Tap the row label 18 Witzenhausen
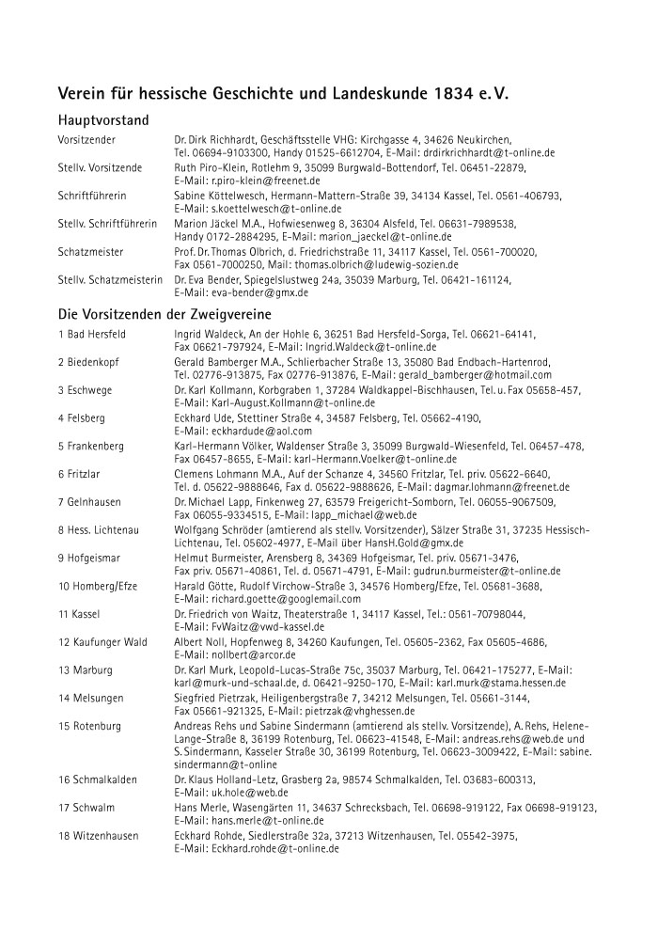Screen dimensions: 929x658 98,835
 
